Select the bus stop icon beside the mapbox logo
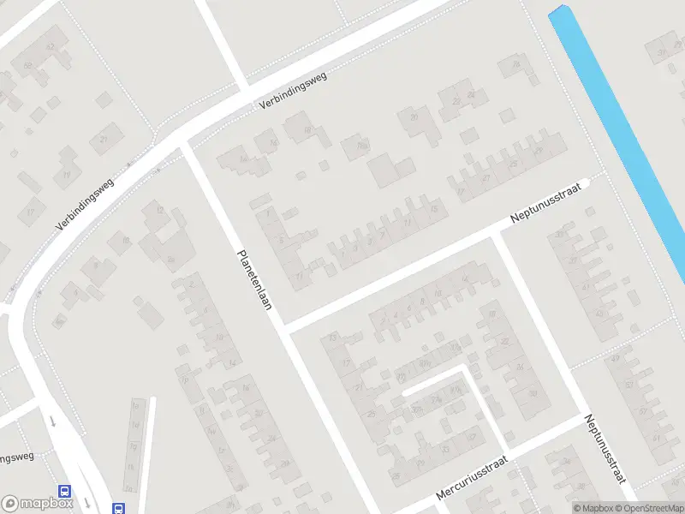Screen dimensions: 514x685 (65, 493)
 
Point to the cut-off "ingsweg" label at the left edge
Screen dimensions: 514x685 (16, 457)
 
